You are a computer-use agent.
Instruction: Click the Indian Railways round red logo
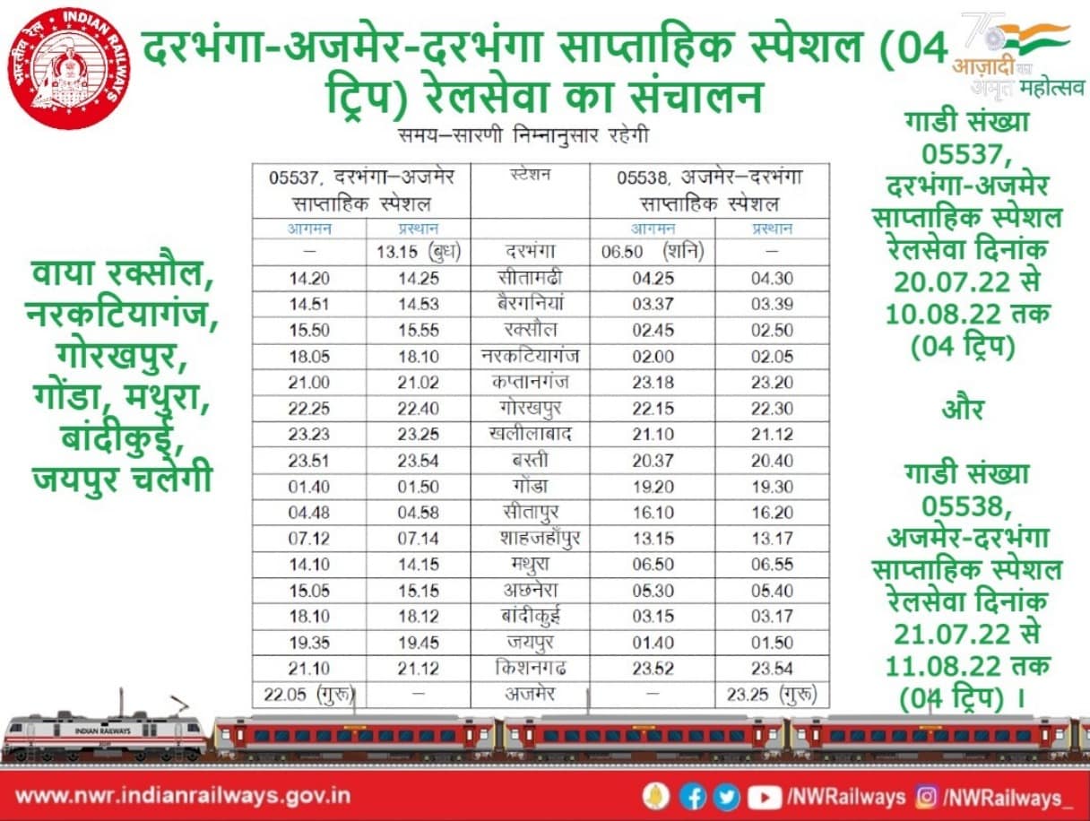click(x=69, y=68)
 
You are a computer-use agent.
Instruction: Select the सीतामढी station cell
click(x=529, y=279)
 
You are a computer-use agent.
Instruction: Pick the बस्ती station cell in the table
click(x=529, y=461)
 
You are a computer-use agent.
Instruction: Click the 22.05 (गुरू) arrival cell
click(x=308, y=695)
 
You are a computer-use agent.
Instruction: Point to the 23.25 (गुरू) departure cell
click(x=772, y=695)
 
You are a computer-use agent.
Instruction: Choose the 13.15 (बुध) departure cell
click(x=417, y=253)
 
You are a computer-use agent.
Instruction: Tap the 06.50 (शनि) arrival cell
click(x=652, y=253)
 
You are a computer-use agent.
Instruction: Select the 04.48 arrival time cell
click(x=308, y=513)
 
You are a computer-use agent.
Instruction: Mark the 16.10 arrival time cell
click(x=652, y=513)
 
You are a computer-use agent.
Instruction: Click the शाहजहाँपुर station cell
click(x=529, y=539)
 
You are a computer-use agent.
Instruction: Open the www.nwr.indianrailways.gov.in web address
click(x=183, y=796)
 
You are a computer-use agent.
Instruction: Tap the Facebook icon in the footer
click(x=692, y=796)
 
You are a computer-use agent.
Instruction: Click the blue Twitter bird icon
click(x=726, y=796)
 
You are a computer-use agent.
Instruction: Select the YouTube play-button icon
click(x=764, y=796)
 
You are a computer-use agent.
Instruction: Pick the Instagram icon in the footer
click(x=927, y=796)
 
